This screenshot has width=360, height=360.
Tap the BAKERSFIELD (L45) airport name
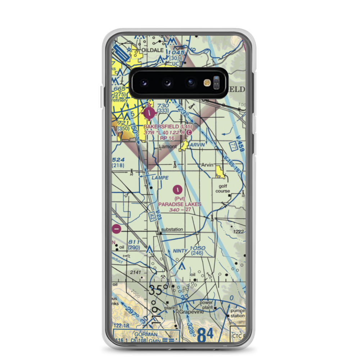[x=165, y=127]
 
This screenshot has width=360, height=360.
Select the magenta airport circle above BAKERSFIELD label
[x=149, y=114]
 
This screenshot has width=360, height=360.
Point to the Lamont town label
[x=168, y=147]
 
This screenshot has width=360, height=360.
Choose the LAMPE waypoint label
[x=160, y=178]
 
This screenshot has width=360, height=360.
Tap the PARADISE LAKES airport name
[x=180, y=204]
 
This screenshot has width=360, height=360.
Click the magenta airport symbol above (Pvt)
[x=178, y=189]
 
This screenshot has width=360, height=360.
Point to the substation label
[x=172, y=229]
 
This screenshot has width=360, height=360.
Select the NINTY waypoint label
[x=180, y=251]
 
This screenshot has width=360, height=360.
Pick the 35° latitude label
[x=159, y=290]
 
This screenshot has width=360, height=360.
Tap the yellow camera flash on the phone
[x=207, y=83]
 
